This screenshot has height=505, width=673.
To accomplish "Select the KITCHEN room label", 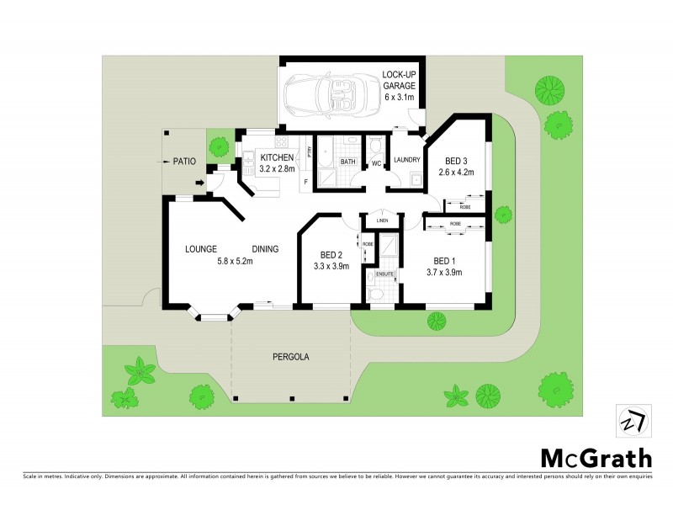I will (277, 158).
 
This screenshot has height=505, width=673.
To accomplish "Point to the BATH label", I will (347, 162).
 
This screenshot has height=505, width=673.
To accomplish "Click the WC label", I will (376, 162).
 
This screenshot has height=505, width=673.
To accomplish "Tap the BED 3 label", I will (457, 162).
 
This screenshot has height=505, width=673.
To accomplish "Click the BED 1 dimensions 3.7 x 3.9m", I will (444, 272).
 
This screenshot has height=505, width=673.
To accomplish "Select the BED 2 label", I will (331, 255).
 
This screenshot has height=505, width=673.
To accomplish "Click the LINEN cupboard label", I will (382, 221).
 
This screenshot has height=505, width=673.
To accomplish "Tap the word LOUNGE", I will (202, 249).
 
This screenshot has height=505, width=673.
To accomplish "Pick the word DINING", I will (265, 249).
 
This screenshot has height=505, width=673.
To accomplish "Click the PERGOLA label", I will (291, 357).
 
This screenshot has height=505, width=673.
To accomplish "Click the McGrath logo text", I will (595, 458).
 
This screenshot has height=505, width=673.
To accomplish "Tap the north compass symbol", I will (632, 420).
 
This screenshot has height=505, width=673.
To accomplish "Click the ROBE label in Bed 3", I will (465, 206).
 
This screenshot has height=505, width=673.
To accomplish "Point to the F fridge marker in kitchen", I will (305, 183).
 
